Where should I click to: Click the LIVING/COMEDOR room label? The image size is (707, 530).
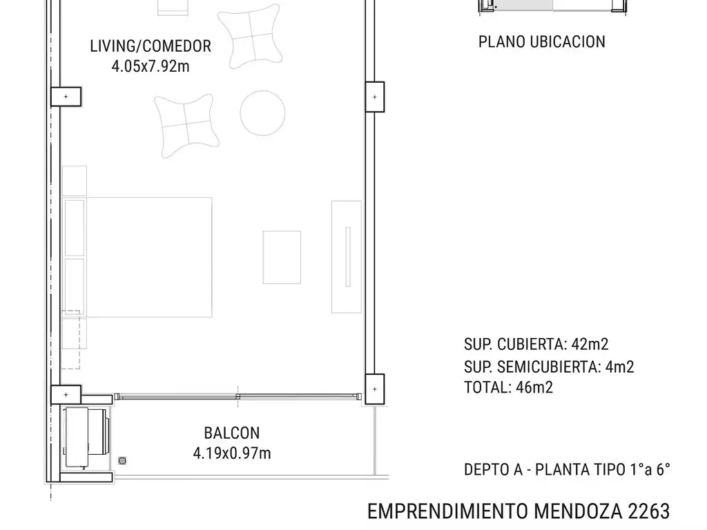[151, 47]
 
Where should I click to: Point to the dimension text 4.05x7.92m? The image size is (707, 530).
[151, 67]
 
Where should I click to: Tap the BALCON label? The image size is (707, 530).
[232, 433]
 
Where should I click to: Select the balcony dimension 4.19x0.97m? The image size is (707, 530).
[232, 453]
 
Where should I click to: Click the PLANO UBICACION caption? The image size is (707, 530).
[541, 41]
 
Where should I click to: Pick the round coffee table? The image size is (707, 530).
[262, 113]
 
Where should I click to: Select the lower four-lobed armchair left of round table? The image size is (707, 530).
[182, 125]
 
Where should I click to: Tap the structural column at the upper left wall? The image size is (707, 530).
[66, 97]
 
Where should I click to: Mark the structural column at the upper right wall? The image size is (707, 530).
[374, 97]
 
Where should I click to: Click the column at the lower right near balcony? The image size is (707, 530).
[374, 389]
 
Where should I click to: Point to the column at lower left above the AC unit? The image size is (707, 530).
[66, 394]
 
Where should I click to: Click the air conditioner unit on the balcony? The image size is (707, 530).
[86, 435]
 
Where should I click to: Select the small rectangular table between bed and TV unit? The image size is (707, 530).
[282, 257]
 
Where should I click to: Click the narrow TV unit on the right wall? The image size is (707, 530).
[347, 257]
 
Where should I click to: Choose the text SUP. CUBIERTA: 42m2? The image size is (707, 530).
[536, 344]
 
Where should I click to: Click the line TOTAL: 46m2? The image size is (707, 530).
[508, 387]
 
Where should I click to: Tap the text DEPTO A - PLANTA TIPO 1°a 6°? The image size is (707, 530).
[567, 470]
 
